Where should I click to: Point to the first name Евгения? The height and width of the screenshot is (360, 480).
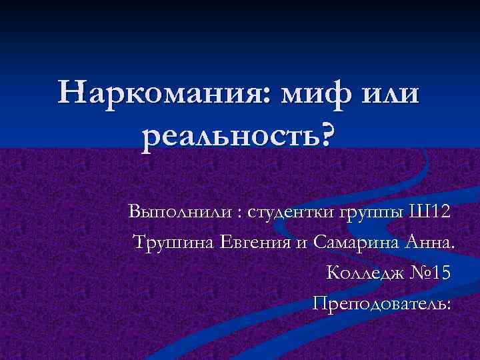pyautogui.click(x=253, y=243)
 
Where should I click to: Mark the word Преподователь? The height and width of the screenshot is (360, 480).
pyautogui.click(x=380, y=304)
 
